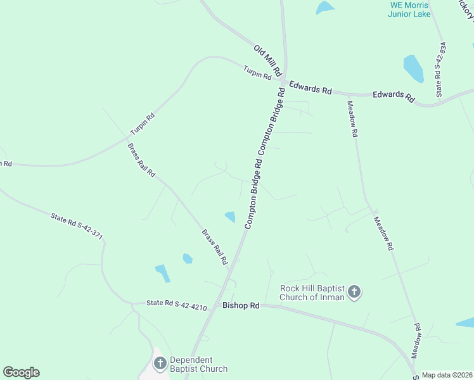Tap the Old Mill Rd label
coord(267,60)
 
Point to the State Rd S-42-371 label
coord(77,226)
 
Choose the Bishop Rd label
coord(241,305)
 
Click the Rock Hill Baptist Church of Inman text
coord(312,293)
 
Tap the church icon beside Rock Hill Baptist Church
coord(354,292)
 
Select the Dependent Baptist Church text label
coord(199,364)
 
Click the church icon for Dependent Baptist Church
coord(160,364)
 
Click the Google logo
coord(21,372)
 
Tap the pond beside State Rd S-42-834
coord(414,68)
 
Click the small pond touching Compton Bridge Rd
coord(230,217)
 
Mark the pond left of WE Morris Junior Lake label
coord(324,8)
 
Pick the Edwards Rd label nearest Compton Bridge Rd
coord(311,87)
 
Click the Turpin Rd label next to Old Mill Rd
coord(257,73)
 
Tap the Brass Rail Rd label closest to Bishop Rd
coord(215,247)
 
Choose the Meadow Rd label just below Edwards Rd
coord(353,120)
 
